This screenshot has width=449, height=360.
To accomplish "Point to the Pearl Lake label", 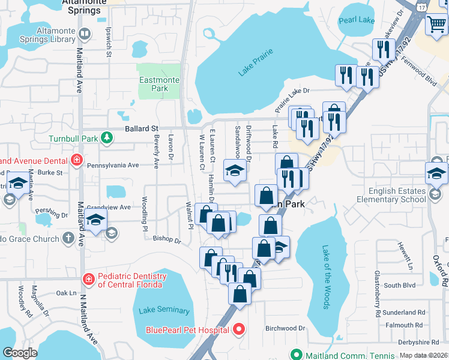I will [357, 20].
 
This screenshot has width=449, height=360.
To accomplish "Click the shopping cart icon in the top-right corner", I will [436, 25].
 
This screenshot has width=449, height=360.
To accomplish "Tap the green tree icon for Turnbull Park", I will [106, 139].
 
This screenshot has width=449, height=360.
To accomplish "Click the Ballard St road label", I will [141, 128].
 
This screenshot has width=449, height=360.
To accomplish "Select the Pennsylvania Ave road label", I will [113, 164].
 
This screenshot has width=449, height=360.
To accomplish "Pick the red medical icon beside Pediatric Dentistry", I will [88, 279].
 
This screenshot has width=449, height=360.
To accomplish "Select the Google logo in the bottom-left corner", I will [20, 353].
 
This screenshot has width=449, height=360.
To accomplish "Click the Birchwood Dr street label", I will [285, 328].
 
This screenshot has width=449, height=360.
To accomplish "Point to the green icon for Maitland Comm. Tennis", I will [295, 353].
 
